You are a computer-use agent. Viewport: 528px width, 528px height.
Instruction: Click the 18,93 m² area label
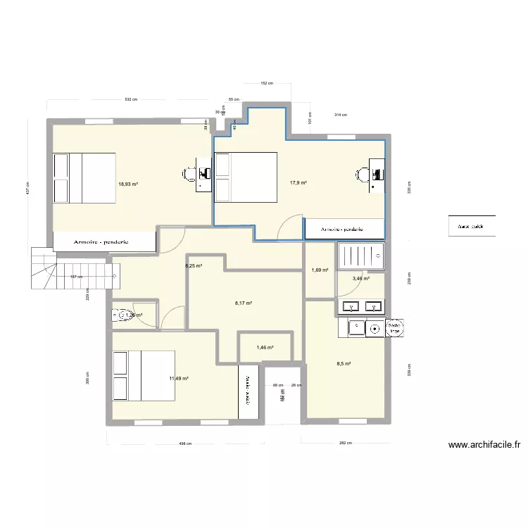tap(128, 184)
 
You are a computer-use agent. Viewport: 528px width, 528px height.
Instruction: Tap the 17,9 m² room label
tap(298, 182)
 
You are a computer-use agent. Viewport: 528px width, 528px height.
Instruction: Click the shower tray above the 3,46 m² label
tap(361, 256)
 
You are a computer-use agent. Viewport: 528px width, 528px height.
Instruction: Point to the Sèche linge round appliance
tap(396, 327)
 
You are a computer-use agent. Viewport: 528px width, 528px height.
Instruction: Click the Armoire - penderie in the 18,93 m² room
tap(104, 241)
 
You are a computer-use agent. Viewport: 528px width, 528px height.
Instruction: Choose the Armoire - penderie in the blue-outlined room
tap(344, 229)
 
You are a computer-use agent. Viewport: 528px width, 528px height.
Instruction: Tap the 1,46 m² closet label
tap(265, 347)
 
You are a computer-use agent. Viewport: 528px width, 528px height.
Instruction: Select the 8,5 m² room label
tap(344, 364)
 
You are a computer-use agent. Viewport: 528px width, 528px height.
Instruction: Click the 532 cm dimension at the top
tap(131, 100)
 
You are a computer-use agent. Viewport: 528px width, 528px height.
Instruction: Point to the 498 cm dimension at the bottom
tap(185, 444)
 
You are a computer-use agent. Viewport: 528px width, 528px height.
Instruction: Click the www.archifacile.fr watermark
tap(484, 444)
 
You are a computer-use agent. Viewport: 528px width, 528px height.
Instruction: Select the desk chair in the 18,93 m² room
tap(191, 173)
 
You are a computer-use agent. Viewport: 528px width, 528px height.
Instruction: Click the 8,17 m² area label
tap(243, 303)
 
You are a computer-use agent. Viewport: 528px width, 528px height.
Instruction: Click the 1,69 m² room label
tap(320, 270)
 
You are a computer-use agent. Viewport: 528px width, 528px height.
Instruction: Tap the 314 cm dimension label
tap(340, 115)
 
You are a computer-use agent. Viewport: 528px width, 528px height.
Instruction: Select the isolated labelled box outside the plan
tap(472, 227)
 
